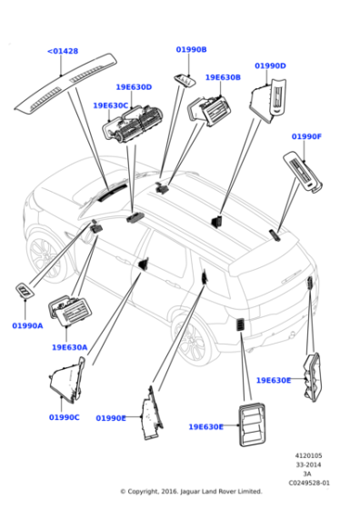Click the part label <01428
(x=62, y=52)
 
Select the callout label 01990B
(x=191, y=50)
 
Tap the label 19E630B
(x=223, y=78)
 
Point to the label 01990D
(x=270, y=66)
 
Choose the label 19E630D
(x=134, y=87)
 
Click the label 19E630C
(x=111, y=105)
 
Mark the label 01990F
(x=306, y=136)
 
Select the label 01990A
(x=27, y=325)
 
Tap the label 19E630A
(x=69, y=347)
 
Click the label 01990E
(x=110, y=418)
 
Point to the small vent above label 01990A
(x=23, y=292)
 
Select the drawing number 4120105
(x=309, y=456)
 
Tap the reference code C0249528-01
(x=309, y=483)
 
